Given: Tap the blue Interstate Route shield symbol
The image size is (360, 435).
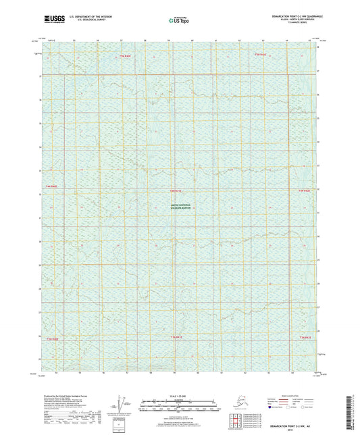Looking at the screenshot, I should click(x=270, y=407).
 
